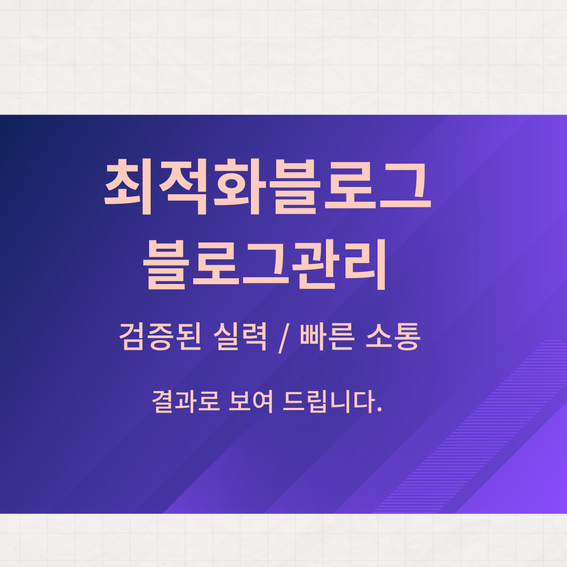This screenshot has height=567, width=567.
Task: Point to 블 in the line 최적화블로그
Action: pos(293,187)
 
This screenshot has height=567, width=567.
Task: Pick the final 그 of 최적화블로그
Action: pos(405,185)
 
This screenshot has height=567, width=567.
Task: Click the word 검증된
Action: pos(160,337)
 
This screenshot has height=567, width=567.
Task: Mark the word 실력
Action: pos(240,337)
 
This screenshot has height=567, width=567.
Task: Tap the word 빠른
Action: pos(326,337)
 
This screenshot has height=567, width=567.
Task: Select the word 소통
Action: pos(393,337)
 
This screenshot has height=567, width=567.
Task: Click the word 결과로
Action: pos(186,402)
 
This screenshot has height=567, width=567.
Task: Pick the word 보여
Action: pos(251,402)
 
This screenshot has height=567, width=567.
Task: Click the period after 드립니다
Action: pos(379,409)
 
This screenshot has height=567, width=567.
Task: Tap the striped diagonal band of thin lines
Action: pos(470,427)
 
